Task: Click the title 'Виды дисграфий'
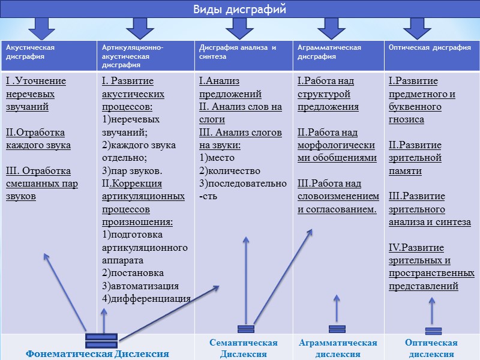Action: coord(239,10)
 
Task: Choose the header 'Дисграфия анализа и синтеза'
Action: coord(237,52)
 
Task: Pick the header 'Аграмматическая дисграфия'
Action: coord(329,52)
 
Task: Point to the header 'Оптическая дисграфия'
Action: coord(430,48)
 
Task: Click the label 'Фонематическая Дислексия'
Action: coord(97,353)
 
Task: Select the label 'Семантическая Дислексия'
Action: coord(243,348)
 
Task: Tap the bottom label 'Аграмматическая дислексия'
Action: coord(338,348)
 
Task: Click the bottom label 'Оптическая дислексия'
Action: coord(431,348)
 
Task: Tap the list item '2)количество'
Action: coord(226,170)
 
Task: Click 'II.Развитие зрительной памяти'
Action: coord(415,158)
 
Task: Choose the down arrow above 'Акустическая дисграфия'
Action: coord(41,27)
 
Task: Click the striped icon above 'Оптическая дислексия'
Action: coord(433,331)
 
